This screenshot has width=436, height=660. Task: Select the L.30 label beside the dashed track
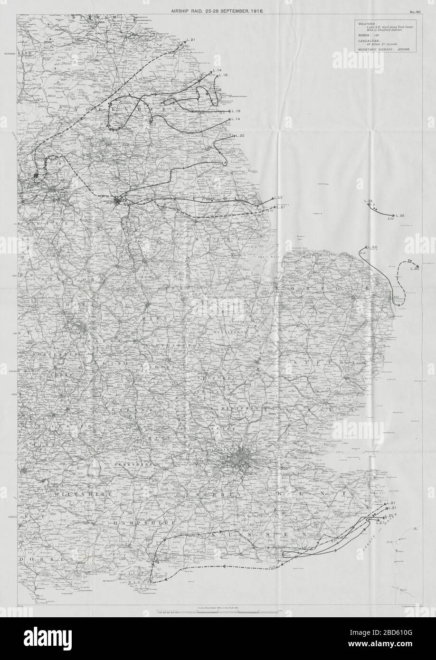[414, 269]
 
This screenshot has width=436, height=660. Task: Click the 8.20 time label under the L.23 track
[391, 219]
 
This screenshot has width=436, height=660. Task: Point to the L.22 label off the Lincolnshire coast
[277, 198]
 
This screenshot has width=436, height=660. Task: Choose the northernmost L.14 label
[218, 71]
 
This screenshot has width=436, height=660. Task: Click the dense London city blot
[240, 459]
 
